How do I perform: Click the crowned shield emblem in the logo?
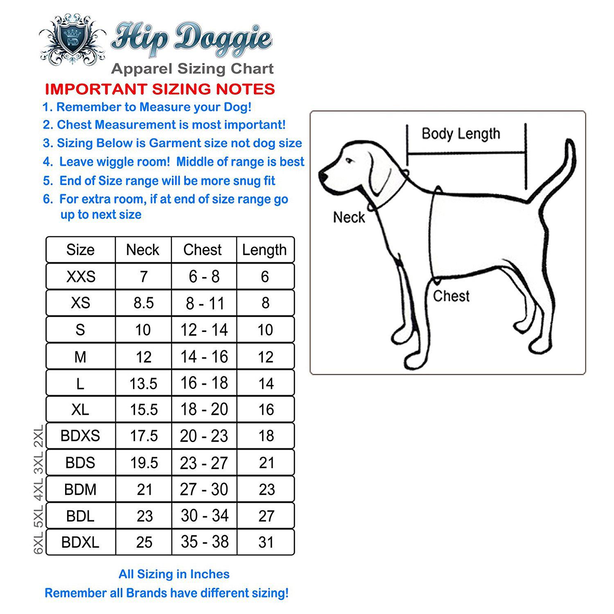point(73,40)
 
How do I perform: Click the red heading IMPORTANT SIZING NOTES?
point(160,89)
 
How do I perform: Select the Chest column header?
point(203,250)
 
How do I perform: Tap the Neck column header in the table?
point(142,250)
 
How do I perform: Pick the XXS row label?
point(81,277)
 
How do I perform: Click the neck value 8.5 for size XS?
point(144,303)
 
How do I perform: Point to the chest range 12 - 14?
point(204,330)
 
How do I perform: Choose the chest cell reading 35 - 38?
point(205,542)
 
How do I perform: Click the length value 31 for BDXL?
point(266,542)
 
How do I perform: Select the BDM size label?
point(80,490)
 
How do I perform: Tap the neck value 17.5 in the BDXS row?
point(144,436)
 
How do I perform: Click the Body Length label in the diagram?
point(461,134)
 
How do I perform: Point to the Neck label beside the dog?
point(349,217)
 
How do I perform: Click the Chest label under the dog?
point(451,296)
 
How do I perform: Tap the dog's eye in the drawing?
point(349,161)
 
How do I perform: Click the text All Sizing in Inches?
point(174,574)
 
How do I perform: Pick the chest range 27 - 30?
point(204,489)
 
